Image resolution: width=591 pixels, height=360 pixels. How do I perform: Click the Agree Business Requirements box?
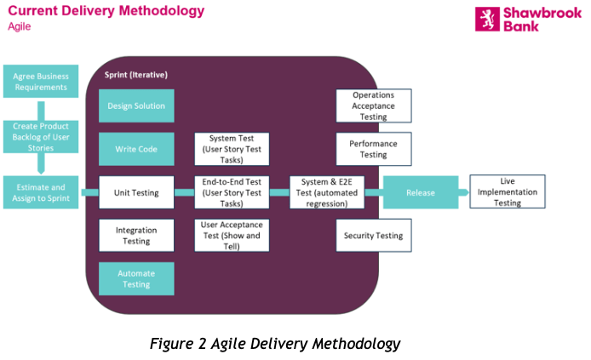coord(41,82)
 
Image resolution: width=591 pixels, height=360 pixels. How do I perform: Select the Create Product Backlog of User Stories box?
coord(41,137)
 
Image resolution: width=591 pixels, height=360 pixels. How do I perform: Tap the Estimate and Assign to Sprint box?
coord(41,193)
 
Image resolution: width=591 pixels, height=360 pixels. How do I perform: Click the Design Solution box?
coord(136,106)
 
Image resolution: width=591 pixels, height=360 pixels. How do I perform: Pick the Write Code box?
coord(136,149)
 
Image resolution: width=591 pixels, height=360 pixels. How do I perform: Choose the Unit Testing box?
coord(136,193)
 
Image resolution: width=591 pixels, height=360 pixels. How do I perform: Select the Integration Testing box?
coord(136,236)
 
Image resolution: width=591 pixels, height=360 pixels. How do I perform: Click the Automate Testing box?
coord(136,279)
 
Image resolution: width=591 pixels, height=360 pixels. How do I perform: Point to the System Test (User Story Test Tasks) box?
coord(232,149)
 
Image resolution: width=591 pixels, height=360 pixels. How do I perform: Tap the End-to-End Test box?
coord(232,193)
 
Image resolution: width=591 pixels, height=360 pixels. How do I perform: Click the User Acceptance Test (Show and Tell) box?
coord(232,236)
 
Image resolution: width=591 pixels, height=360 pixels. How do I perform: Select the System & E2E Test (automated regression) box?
coord(326,193)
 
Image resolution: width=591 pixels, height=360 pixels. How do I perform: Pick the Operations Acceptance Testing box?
coord(373,106)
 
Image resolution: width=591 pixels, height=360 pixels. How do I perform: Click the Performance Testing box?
coord(373,149)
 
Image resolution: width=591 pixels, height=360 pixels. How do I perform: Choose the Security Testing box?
coord(373,236)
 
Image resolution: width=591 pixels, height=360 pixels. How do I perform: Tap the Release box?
coord(421,193)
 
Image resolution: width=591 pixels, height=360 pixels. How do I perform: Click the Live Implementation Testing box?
coord(507,192)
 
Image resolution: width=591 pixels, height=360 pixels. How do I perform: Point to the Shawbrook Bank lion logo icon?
coord(486,19)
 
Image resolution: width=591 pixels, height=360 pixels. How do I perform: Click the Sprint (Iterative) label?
coord(136,75)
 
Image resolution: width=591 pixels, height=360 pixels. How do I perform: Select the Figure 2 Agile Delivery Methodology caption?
coord(274,344)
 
